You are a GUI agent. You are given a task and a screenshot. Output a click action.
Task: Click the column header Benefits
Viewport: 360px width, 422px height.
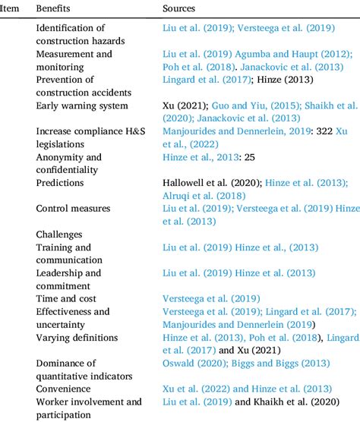point(53,8)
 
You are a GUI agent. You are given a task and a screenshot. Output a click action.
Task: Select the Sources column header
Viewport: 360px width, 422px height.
point(179,8)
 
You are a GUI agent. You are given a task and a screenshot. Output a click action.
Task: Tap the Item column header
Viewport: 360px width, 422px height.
point(10,8)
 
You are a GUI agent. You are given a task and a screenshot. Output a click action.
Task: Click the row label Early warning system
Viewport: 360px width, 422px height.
point(82,106)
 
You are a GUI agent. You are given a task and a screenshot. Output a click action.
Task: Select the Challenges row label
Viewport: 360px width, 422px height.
point(59,235)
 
